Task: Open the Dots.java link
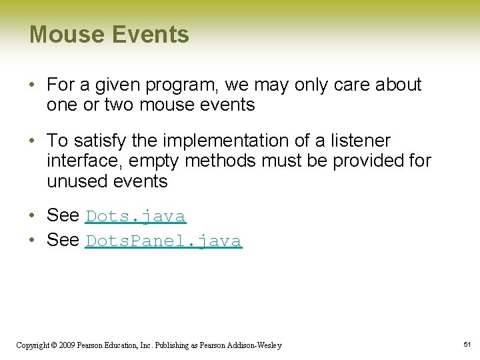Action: coord(135,217)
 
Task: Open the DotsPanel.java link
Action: coord(163,241)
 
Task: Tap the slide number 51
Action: coord(467,345)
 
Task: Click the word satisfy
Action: coord(94,141)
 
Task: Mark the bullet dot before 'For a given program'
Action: coord(33,85)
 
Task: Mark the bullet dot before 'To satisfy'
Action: coord(33,141)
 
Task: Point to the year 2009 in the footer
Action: coord(66,345)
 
